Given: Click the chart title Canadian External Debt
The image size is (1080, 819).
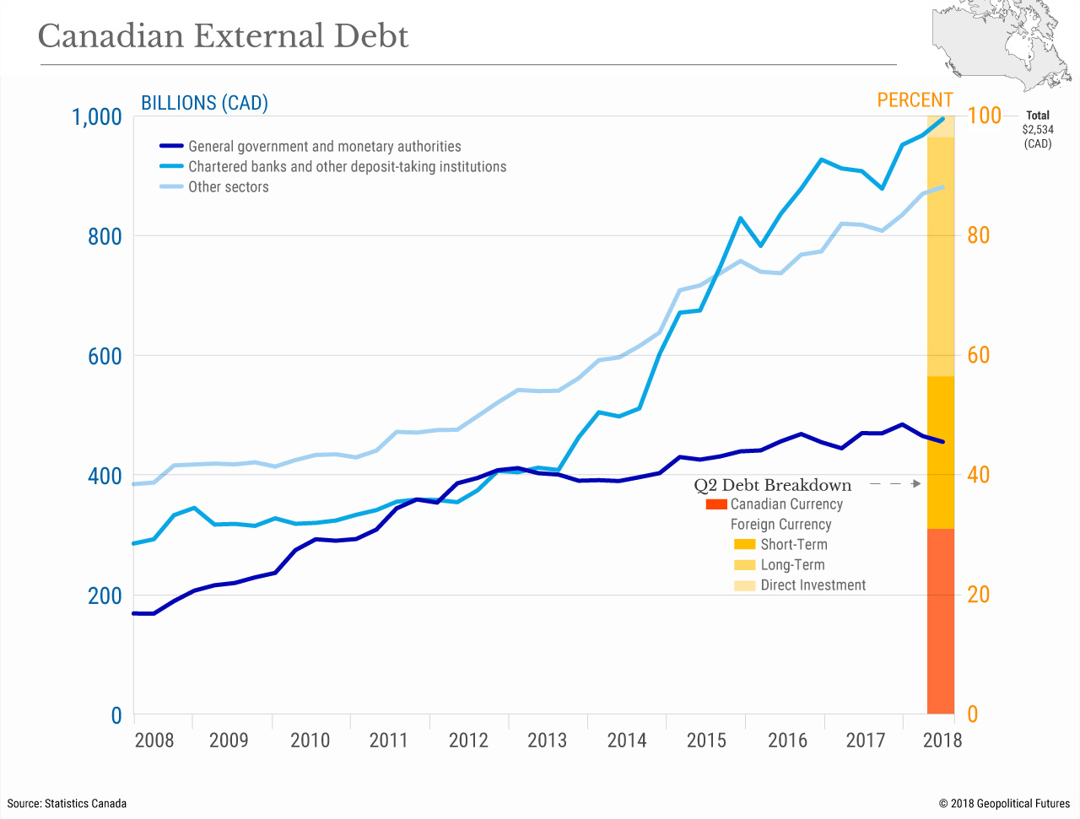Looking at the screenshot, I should click(223, 36).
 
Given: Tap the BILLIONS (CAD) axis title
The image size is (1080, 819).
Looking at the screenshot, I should click(204, 103).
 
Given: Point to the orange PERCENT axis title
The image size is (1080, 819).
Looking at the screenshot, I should click(915, 100).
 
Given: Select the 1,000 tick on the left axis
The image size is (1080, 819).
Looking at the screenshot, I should click(97, 116).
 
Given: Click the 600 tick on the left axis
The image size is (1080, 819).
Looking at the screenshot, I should click(105, 356).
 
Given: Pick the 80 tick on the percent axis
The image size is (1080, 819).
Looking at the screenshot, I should click(979, 236).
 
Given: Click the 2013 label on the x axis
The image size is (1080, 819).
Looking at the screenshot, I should click(547, 741).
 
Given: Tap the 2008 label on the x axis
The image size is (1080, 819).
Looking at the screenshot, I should click(154, 741).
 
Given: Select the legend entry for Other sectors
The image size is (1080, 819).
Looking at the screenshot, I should click(228, 187).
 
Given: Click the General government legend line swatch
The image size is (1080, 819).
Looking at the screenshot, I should click(171, 147).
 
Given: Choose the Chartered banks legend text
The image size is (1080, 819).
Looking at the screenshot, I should click(347, 167).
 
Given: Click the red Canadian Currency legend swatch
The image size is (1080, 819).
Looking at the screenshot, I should click(716, 504).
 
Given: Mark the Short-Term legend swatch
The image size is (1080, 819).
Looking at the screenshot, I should click(744, 545).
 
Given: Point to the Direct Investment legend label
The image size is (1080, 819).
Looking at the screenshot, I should click(813, 585).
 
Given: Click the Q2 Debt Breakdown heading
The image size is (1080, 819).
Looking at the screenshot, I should click(772, 485).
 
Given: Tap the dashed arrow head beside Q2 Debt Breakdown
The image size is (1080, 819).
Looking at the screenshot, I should click(916, 484).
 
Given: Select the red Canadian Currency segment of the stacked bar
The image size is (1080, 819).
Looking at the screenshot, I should click(940, 621).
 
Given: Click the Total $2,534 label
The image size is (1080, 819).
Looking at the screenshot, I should click(1037, 129).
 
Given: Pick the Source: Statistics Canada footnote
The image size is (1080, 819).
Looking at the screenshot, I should click(67, 803).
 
